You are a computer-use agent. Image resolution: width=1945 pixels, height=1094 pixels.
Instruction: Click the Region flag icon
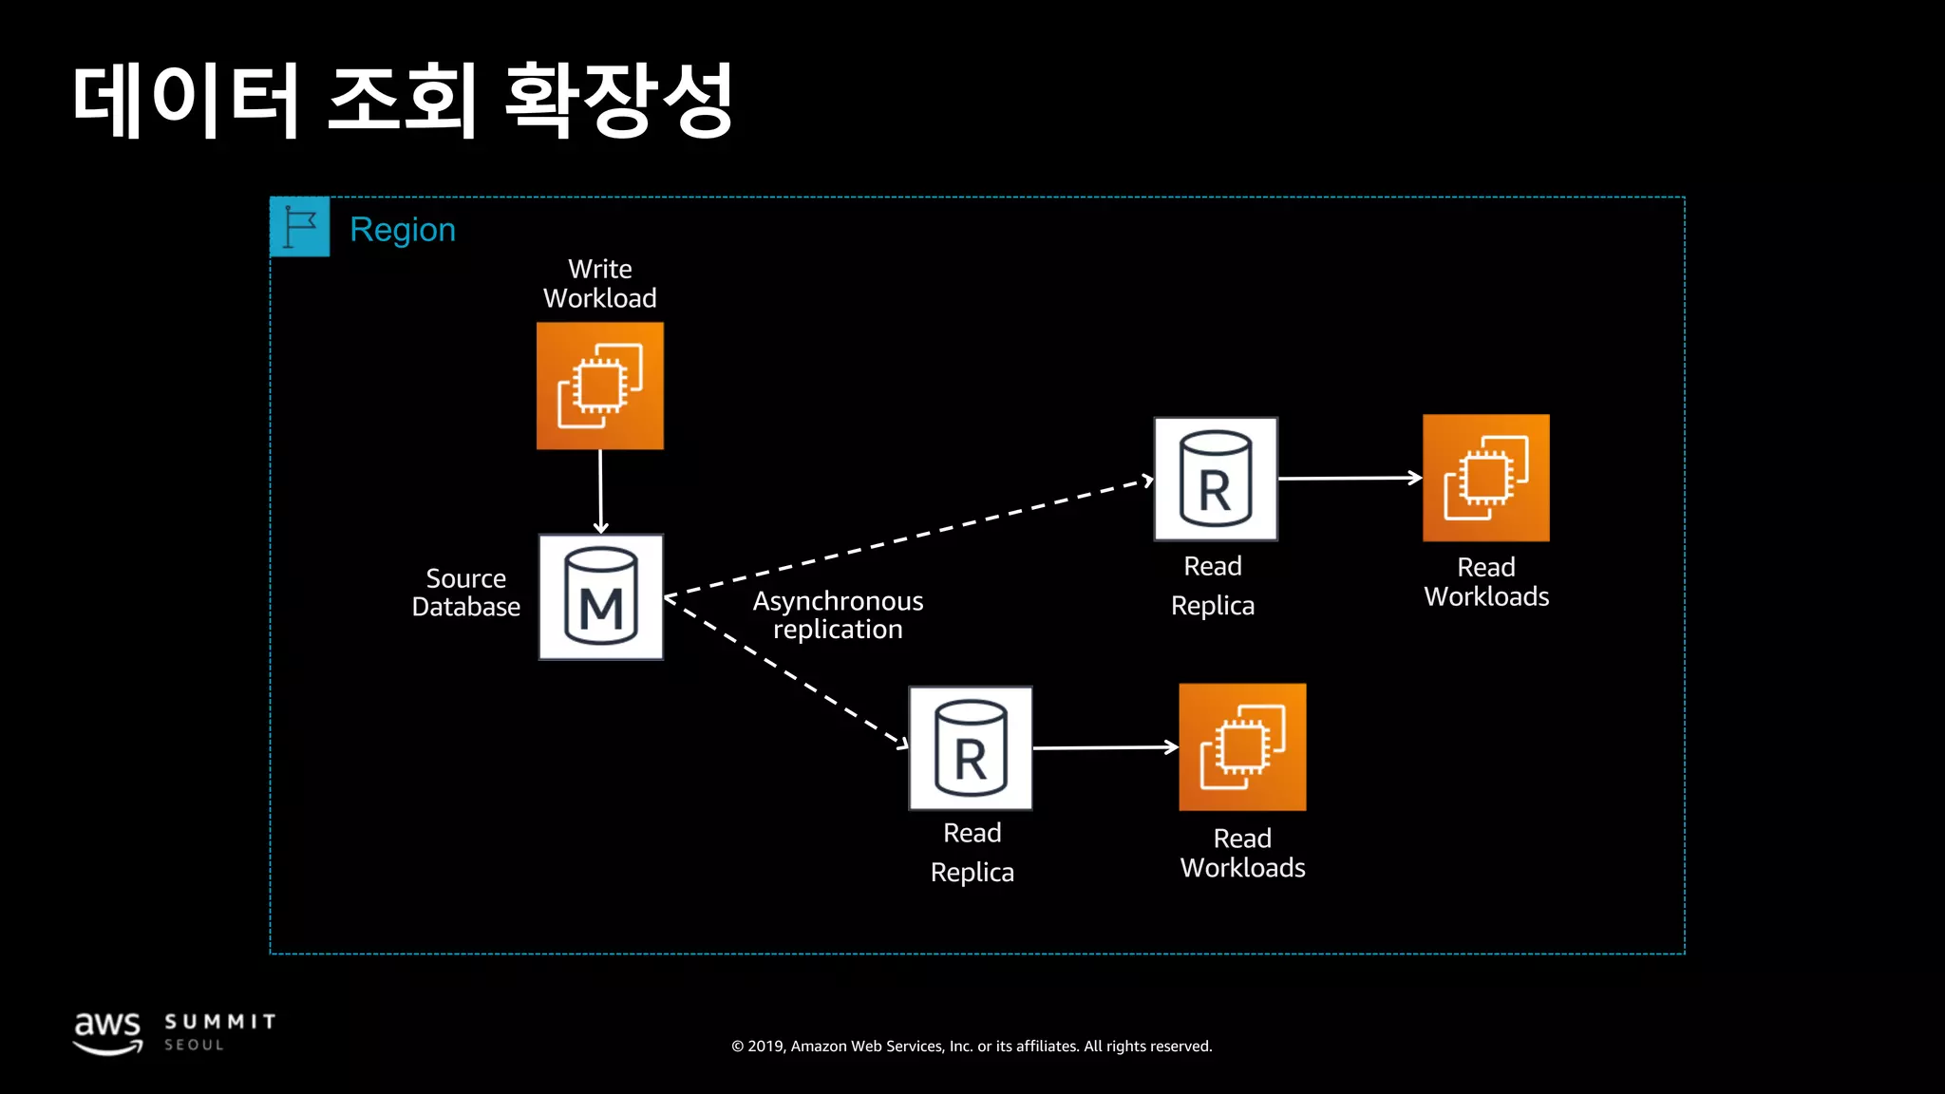click(300, 227)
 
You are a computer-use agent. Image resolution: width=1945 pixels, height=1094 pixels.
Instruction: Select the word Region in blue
click(403, 230)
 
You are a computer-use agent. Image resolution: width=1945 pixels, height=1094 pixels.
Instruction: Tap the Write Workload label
click(599, 283)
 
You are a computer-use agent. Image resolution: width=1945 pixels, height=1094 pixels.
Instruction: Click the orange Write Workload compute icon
click(599, 386)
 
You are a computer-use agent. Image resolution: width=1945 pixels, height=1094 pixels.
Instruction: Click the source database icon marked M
click(600, 597)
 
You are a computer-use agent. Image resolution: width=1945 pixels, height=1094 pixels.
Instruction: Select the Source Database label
click(465, 593)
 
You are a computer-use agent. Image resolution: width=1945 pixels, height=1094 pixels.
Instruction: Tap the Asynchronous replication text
click(838, 614)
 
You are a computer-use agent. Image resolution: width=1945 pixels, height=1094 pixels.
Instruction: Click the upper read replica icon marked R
click(1215, 479)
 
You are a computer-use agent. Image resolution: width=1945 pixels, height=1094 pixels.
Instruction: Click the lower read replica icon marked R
click(970, 748)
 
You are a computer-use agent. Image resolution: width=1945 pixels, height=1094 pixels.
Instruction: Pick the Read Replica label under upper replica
click(1213, 586)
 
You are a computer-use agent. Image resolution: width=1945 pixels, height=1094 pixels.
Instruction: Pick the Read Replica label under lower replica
click(972, 853)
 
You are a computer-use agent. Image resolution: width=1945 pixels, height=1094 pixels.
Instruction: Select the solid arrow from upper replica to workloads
click(1349, 479)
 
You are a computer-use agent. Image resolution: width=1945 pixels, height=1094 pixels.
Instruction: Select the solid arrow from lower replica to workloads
click(1105, 748)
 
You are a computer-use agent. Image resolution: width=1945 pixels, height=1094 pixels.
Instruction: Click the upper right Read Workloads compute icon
click(1485, 478)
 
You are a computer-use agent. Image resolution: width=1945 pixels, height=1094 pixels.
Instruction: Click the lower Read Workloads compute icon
click(1242, 747)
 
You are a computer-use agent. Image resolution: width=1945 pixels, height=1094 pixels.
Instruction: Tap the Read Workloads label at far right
click(1486, 582)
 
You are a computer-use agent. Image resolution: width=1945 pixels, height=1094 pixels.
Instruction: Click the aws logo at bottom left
click(107, 1032)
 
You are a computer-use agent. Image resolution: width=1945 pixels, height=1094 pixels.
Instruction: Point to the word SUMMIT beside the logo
click(220, 1022)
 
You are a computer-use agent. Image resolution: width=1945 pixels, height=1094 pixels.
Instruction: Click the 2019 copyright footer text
click(972, 1047)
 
